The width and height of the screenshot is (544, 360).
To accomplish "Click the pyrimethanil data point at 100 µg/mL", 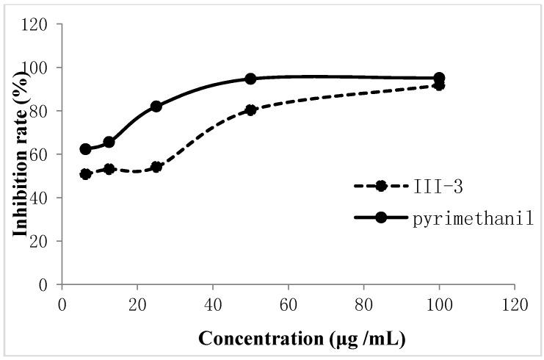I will point(439,78).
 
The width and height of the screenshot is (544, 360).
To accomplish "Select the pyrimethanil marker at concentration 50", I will point(250,79).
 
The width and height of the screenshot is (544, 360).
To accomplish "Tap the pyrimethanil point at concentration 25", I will point(156,106).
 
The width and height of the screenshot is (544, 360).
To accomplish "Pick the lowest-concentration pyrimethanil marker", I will point(85,149).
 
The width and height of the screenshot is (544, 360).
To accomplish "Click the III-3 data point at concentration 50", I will point(250,110).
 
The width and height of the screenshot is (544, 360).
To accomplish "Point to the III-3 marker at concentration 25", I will point(156,167).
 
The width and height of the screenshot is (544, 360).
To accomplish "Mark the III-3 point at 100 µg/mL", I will point(439,85).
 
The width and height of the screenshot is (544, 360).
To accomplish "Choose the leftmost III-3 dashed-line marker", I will point(85,174).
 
